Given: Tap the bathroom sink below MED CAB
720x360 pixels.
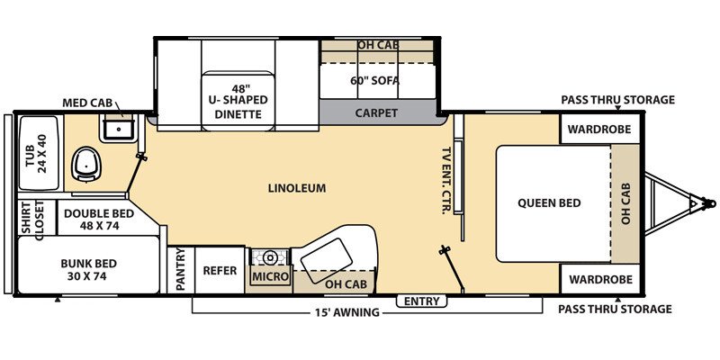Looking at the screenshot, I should [x=118, y=130].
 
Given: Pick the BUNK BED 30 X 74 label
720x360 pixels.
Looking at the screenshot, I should [x=90, y=269].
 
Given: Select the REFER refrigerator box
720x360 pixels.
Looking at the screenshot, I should [x=220, y=270].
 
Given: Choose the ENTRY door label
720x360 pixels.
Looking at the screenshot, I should [x=423, y=300].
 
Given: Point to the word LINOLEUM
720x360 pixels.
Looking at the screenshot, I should [x=296, y=188].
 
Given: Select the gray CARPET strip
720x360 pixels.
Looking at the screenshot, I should [x=377, y=113].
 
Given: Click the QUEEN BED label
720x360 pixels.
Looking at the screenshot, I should [x=548, y=202].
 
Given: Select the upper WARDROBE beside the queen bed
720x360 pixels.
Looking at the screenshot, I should [x=598, y=128].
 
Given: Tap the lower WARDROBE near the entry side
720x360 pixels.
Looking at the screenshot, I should [x=598, y=278].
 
